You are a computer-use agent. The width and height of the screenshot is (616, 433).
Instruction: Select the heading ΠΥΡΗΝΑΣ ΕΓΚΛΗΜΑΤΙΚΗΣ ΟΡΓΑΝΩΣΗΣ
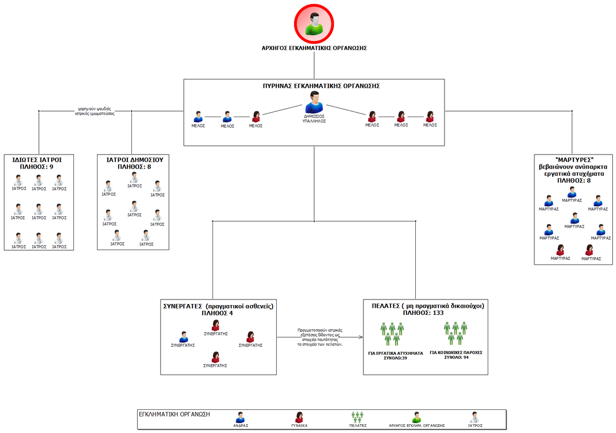(x=314, y=86)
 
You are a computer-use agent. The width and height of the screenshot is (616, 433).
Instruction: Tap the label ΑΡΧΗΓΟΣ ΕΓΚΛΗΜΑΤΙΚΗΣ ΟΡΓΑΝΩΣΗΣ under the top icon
(x=314, y=48)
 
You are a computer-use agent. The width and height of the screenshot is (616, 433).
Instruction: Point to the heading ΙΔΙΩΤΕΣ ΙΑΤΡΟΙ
(x=39, y=159)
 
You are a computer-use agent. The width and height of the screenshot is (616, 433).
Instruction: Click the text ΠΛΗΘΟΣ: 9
(x=39, y=166)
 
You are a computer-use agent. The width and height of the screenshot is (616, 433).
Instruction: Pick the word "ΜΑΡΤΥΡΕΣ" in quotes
(x=571, y=160)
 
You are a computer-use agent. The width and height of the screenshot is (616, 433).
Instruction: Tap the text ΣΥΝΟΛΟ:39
(x=396, y=357)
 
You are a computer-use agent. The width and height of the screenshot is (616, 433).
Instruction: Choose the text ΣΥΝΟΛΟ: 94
(x=456, y=357)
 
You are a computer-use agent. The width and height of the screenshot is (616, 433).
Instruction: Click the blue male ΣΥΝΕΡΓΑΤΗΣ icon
(x=183, y=337)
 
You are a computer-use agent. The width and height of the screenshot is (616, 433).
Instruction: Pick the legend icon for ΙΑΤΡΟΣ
(x=475, y=417)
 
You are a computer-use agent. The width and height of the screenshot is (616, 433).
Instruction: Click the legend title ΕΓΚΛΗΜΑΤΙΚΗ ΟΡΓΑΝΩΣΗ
(x=175, y=413)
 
